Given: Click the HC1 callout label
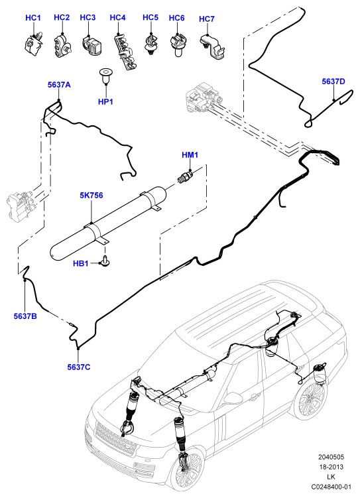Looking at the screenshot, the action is point(33,18).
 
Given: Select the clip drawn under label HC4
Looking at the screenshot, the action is point(125,52).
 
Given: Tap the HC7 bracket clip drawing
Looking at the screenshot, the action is point(213,46).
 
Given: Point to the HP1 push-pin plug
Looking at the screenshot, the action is point(104,76).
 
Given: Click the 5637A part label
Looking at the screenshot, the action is point(59,85).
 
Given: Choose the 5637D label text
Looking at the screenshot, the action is point(333,82).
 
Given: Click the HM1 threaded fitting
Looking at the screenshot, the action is point(186,175).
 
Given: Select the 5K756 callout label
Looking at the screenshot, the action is point(91,196).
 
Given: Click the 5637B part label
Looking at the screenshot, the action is point(25,316).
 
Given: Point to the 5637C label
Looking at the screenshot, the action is point(79,367).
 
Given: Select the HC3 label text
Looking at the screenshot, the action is point(88,17).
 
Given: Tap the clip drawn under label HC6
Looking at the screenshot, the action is point(178,45).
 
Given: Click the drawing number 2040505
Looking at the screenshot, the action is point(331,457).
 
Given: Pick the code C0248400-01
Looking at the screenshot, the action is point(331,487).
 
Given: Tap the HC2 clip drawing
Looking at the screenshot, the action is point(62,46).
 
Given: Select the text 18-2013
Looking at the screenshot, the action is point(331,467).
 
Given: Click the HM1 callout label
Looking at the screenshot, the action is point(190,155).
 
